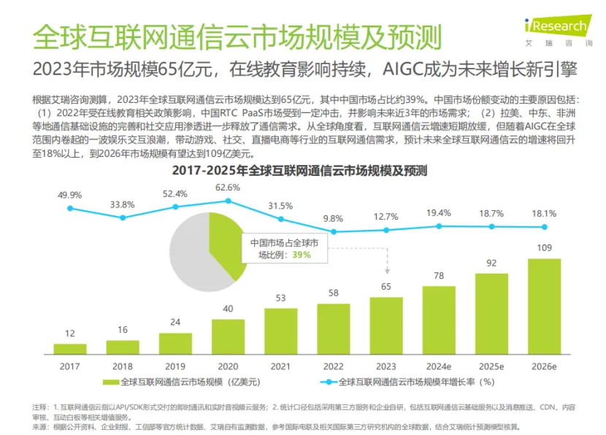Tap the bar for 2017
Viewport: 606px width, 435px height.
pyautogui.click(x=70, y=347)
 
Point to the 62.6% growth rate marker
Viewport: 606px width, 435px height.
pyautogui.click(x=228, y=200)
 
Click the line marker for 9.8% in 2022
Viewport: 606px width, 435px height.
pyautogui.click(x=332, y=231)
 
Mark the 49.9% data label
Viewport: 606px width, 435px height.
pyautogui.click(x=70, y=194)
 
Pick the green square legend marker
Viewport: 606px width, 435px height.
pyautogui.click(x=108, y=382)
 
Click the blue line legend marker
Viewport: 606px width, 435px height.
pyautogui.click(x=326, y=382)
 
